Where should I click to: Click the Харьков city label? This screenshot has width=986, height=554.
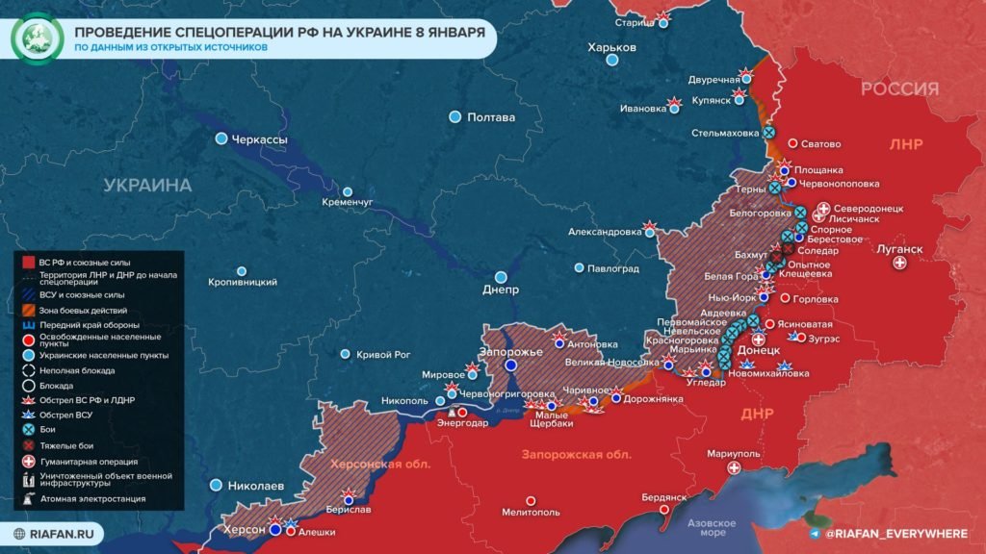[612, 46]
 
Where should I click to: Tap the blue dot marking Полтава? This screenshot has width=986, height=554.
[455, 117]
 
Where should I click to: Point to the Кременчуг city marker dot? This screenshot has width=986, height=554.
[348, 191]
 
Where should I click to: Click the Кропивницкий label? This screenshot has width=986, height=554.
[243, 283]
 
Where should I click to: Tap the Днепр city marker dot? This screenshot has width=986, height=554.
[501, 276]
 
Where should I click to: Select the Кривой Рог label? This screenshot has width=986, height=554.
[383, 355]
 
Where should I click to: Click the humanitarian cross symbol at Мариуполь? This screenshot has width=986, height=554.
[736, 467]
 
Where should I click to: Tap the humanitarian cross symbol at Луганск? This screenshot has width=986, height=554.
[900, 263]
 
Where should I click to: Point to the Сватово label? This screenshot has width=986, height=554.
[821, 144]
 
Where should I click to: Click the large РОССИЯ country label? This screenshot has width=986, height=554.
[899, 89]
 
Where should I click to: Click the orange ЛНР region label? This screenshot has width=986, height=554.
[906, 144]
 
